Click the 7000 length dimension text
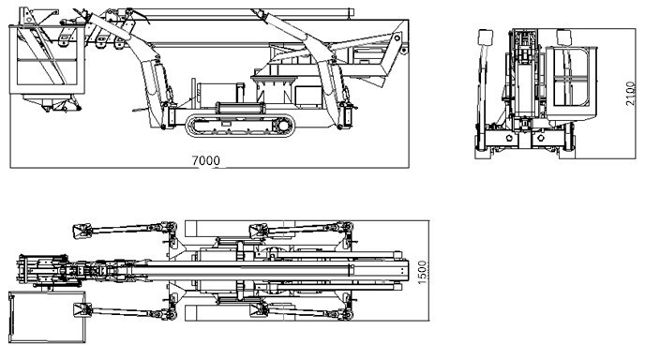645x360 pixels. (206, 160)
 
